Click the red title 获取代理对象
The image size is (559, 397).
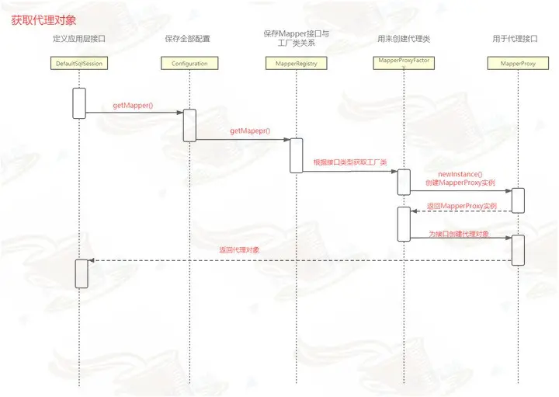(43, 19)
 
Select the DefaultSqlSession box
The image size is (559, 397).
(79, 63)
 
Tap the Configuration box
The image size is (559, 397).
(189, 63)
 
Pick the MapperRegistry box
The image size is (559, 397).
(296, 63)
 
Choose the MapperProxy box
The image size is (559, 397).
(516, 63)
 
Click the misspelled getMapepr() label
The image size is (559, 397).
(250, 132)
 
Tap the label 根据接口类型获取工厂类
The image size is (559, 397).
(350, 162)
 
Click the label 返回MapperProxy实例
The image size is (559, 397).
(461, 206)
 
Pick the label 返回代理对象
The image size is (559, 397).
(240, 250)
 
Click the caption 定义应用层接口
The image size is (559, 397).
(78, 38)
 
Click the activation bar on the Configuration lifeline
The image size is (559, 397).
(189, 125)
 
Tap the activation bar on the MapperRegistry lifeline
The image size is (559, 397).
(296, 155)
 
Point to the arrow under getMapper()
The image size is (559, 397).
(134, 113)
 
